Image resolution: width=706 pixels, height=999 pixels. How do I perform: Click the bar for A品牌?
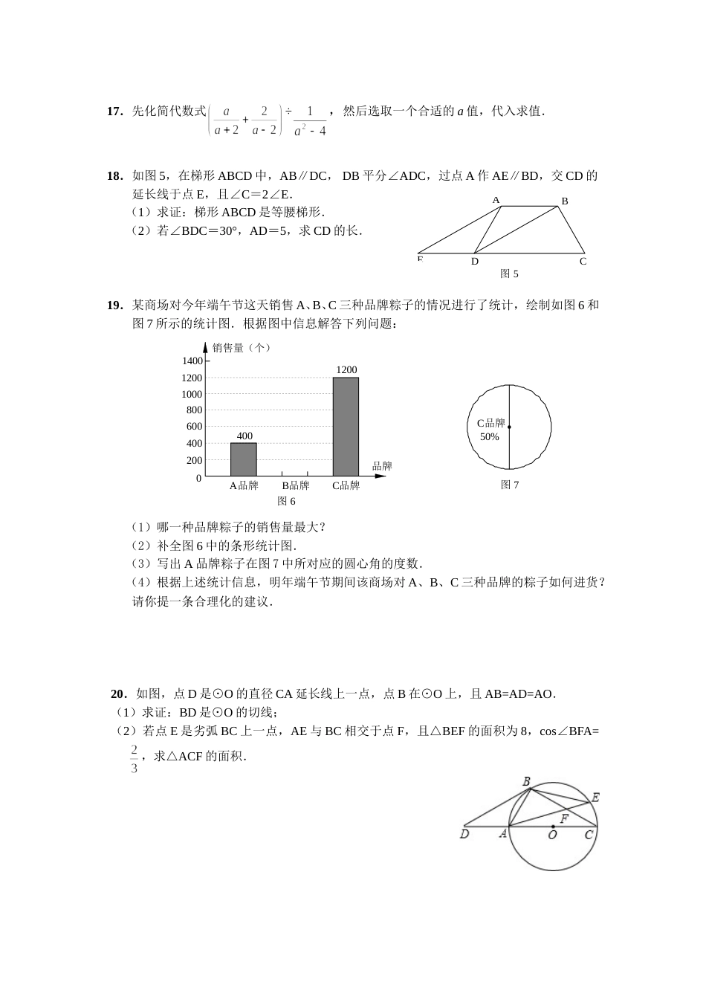pyautogui.click(x=243, y=459)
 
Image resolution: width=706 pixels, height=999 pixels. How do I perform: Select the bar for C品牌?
pyautogui.click(x=346, y=427)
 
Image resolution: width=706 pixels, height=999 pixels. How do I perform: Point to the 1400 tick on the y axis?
pyautogui.click(x=192, y=361)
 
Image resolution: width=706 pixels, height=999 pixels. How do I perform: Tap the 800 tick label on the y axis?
pyautogui.click(x=194, y=410)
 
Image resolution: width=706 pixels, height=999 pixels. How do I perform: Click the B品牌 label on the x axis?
pyautogui.click(x=295, y=486)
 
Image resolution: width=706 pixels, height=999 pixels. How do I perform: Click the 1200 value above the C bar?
pyautogui.click(x=346, y=370)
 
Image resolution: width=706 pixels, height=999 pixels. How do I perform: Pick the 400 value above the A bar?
pyautogui.click(x=244, y=436)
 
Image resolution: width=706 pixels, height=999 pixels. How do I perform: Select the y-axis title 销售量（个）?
pyautogui.click(x=242, y=347)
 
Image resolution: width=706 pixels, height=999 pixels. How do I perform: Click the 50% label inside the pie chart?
pyautogui.click(x=490, y=437)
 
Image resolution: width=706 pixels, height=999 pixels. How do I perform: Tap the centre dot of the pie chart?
pyautogui.click(x=509, y=427)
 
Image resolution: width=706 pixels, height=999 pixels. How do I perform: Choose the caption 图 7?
pyautogui.click(x=510, y=485)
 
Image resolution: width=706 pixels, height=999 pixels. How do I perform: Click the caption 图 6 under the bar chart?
pyautogui.click(x=286, y=502)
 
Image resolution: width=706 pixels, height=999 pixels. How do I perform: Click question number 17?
pyautogui.click(x=114, y=111)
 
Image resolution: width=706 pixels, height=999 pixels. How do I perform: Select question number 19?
pyautogui.click(x=114, y=305)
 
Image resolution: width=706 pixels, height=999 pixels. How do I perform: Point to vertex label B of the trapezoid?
pyautogui.click(x=565, y=201)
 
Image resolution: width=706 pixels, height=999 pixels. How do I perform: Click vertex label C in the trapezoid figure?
pyautogui.click(x=583, y=262)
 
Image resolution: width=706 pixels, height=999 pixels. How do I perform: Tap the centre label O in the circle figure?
pyautogui.click(x=552, y=835)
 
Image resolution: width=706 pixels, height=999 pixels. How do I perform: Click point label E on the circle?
pyautogui.click(x=595, y=798)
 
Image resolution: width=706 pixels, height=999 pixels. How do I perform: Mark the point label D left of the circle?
pyautogui.click(x=464, y=835)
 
